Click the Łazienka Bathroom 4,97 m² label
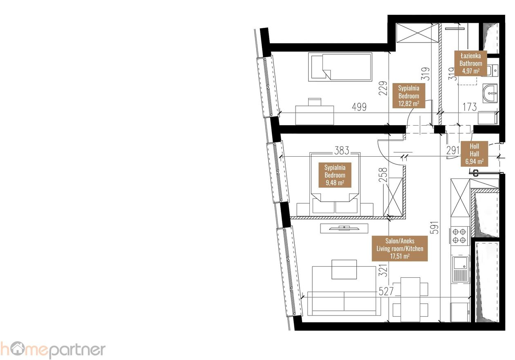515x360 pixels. click(470, 63)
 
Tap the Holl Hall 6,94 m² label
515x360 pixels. click(474, 154)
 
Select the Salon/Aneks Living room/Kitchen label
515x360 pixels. click(400, 248)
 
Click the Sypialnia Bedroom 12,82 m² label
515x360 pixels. click(409, 96)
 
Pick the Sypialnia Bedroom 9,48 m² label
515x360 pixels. click(335, 175)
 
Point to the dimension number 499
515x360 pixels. click(359, 107)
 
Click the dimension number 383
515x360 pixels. click(342, 151)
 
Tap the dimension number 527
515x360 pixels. click(386, 291)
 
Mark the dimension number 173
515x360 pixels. click(470, 107)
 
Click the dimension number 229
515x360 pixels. click(383, 88)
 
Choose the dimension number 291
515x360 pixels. click(453, 151)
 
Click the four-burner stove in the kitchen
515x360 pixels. click(459, 236)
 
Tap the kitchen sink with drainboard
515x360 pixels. click(461, 269)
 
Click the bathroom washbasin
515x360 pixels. click(490, 93)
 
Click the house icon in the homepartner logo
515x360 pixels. click(18, 349)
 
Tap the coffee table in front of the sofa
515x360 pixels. click(344, 270)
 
